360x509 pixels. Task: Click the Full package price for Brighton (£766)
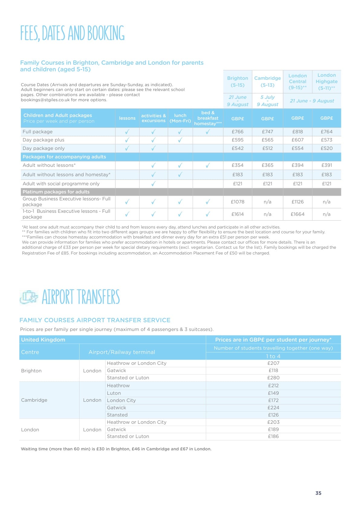pyautogui.click(x=238, y=132)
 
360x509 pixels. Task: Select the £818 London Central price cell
pyautogui.click(x=297, y=132)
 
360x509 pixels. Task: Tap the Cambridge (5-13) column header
pyautogui.click(x=268, y=82)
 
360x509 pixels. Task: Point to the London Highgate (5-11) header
pyautogui.click(x=326, y=82)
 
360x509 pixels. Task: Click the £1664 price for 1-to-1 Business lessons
pyautogui.click(x=297, y=214)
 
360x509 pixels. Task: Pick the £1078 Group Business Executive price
pyautogui.click(x=238, y=202)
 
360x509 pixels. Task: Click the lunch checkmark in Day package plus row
pyautogui.click(x=180, y=140)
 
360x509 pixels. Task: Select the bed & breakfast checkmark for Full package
pyautogui.click(x=208, y=132)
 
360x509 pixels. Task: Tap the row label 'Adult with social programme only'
pyautogui.click(x=61, y=184)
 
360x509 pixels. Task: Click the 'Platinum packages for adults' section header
pyautogui.click(x=56, y=192)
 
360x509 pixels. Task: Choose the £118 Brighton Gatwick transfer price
pyautogui.click(x=273, y=371)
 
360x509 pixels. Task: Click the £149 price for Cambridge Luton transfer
pyautogui.click(x=273, y=393)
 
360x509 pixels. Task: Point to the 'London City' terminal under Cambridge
pyautogui.click(x=121, y=400)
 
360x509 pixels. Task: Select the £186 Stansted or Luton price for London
pyautogui.click(x=273, y=436)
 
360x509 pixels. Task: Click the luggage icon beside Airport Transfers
pyautogui.click(x=29, y=297)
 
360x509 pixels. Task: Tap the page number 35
pyautogui.click(x=318, y=493)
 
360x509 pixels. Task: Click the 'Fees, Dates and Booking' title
pyautogui.click(x=73, y=33)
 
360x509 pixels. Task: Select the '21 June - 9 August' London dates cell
pyautogui.click(x=312, y=101)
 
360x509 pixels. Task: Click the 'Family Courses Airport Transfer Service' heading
pyautogui.click(x=95, y=320)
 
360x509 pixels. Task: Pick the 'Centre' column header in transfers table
pyautogui.click(x=30, y=352)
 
